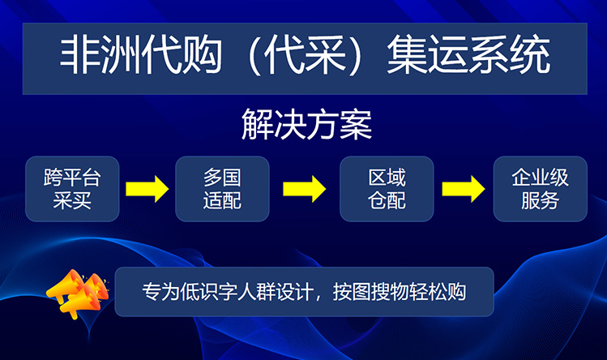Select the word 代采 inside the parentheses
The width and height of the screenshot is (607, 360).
pos(300,57)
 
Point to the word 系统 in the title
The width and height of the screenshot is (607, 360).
pos(511,57)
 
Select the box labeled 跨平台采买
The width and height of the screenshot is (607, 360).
pos(72,189)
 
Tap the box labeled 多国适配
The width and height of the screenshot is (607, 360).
pos(222,189)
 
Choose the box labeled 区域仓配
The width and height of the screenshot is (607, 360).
pos(387,189)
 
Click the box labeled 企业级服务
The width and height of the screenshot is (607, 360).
pos(540,189)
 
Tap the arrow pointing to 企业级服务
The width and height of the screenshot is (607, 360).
pos(464,190)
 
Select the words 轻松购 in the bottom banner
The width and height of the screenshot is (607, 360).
pos(443,292)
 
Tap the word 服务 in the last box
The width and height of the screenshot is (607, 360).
pos(540,200)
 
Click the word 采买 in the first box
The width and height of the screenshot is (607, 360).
pos(72,200)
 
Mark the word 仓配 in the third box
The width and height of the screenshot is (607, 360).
pos(387,200)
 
